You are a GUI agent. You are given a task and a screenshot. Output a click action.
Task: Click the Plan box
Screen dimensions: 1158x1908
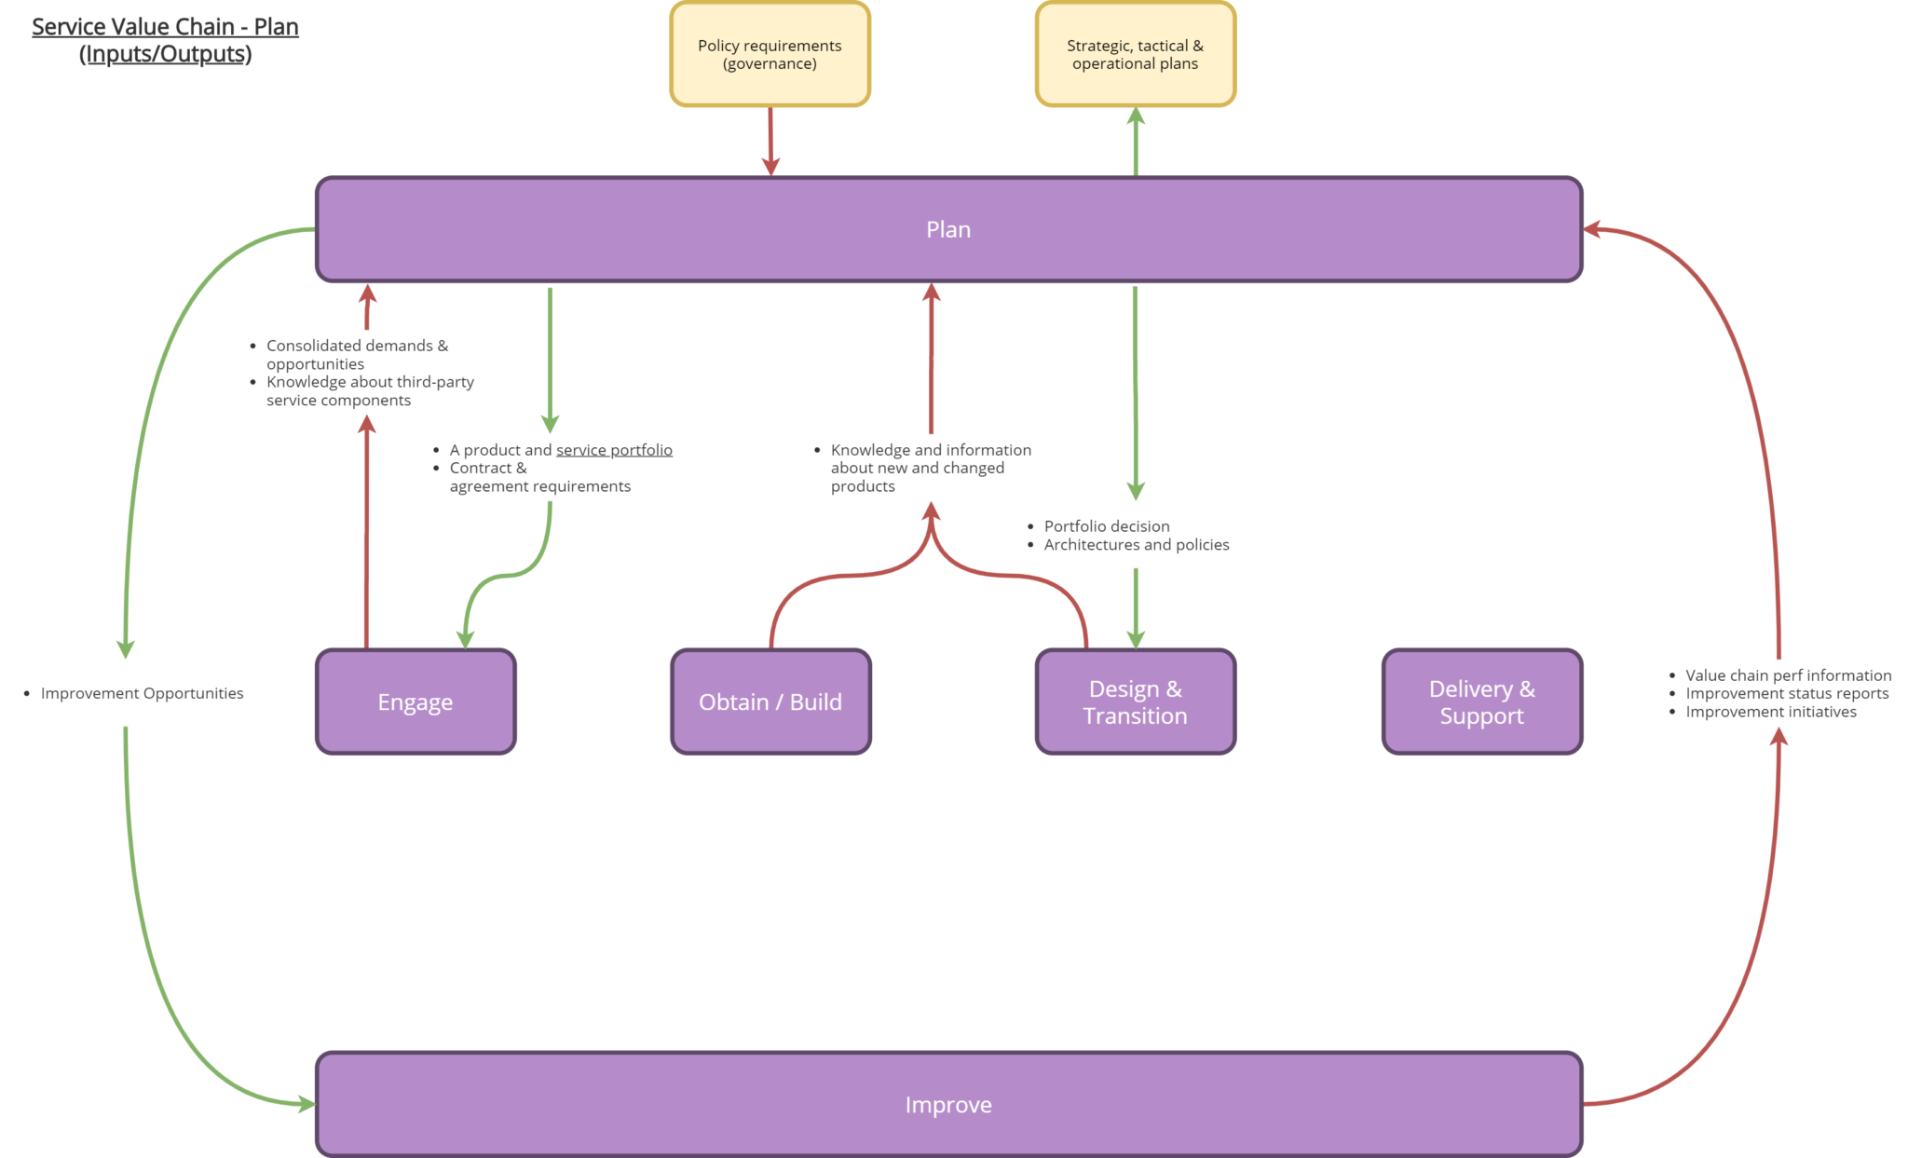[948, 229]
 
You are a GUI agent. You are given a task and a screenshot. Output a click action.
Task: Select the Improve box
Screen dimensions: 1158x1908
[948, 1104]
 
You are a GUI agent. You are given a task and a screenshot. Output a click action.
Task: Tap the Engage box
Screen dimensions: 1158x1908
[416, 702]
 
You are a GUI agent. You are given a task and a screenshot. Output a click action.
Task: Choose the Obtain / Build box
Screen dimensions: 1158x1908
[770, 702]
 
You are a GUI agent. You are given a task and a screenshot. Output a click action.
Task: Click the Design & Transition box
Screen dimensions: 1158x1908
[1135, 702]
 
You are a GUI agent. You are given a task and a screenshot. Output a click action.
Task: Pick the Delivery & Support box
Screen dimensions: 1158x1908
[1481, 702]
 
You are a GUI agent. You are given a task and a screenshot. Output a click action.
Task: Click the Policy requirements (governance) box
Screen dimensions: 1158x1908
[770, 54]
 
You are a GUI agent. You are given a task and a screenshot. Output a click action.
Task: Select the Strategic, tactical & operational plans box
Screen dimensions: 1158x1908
[1135, 54]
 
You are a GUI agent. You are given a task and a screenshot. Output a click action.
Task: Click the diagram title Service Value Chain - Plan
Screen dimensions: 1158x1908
[165, 27]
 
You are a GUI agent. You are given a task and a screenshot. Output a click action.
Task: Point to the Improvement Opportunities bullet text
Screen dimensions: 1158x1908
[142, 693]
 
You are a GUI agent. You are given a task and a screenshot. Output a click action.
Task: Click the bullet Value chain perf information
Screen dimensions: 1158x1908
[1788, 675]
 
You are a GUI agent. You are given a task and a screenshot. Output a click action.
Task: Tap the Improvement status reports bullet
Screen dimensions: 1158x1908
[1787, 693]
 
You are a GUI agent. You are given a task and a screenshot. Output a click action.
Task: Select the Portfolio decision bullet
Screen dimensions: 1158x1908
[1106, 526]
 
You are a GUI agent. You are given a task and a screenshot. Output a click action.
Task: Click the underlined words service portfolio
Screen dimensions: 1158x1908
[614, 450]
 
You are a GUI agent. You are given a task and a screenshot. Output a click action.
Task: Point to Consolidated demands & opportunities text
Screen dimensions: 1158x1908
[357, 354]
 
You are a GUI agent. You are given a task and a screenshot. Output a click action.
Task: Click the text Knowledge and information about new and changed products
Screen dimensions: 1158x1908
[930, 468]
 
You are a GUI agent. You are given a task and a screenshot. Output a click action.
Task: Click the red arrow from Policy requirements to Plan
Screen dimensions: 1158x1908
[770, 140]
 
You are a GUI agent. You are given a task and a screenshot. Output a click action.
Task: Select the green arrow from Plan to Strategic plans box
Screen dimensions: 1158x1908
[1136, 142]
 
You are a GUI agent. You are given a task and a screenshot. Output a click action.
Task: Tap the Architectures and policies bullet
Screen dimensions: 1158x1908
[1136, 545]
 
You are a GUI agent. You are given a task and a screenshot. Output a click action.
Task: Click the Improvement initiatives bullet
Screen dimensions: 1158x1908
[1770, 712]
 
